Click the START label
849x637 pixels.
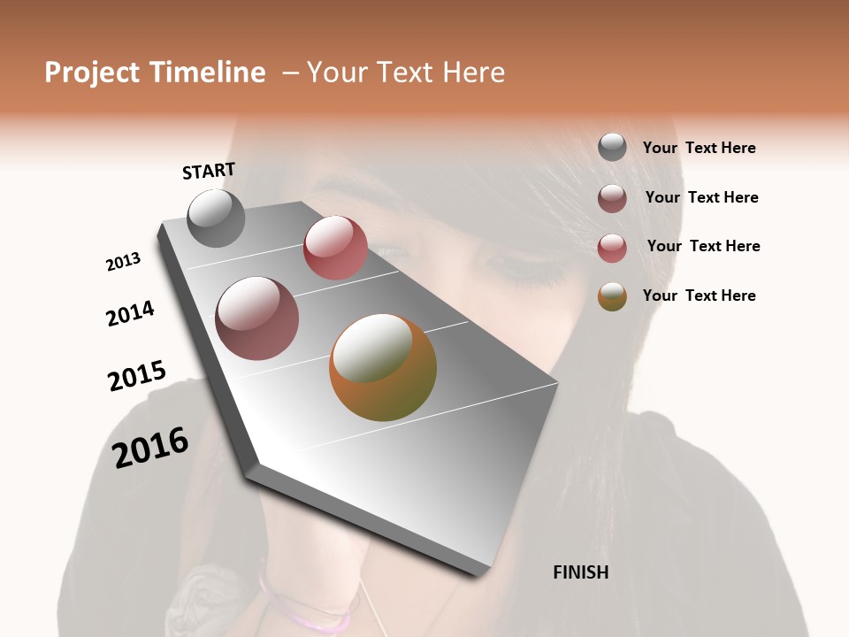(209, 171)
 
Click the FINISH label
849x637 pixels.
(580, 572)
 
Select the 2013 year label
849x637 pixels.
(123, 262)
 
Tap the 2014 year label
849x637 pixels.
(130, 313)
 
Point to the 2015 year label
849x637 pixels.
(137, 376)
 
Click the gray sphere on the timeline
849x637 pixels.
(216, 219)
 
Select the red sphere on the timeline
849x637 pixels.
(335, 248)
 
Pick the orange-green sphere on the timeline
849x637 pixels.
(383, 367)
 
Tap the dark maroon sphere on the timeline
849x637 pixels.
(256, 318)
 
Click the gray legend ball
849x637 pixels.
(612, 148)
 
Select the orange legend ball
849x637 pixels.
(612, 296)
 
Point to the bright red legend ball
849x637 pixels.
(612, 248)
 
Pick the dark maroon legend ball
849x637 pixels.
(612, 198)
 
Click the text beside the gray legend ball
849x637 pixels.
(699, 149)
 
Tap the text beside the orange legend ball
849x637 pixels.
(699, 295)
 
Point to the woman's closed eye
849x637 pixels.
(522, 265)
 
